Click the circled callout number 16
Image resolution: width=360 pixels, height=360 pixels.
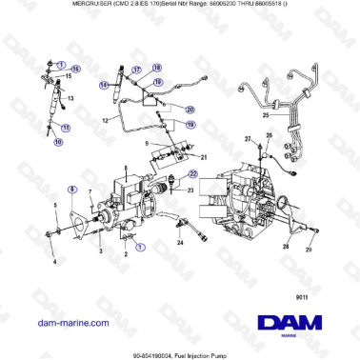pyautogui.click(x=77, y=70)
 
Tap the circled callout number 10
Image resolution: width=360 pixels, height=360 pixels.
pyautogui.click(x=58, y=142)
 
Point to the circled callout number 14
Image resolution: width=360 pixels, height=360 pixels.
pyautogui.click(x=104, y=84)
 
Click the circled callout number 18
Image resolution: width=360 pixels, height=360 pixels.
pyautogui.click(x=158, y=70)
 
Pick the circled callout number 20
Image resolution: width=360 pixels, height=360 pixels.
pyautogui.click(x=190, y=109)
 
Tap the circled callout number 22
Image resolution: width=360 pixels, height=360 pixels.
pyautogui.click(x=192, y=174)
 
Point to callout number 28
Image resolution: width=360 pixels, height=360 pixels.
pyautogui.click(x=303, y=230)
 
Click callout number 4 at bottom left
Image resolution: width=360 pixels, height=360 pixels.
pyautogui.click(x=54, y=261)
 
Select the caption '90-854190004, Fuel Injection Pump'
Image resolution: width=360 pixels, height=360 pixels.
pyautogui.click(x=180, y=354)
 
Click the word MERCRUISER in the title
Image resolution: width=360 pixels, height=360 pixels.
pyautogui.click(x=72, y=6)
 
